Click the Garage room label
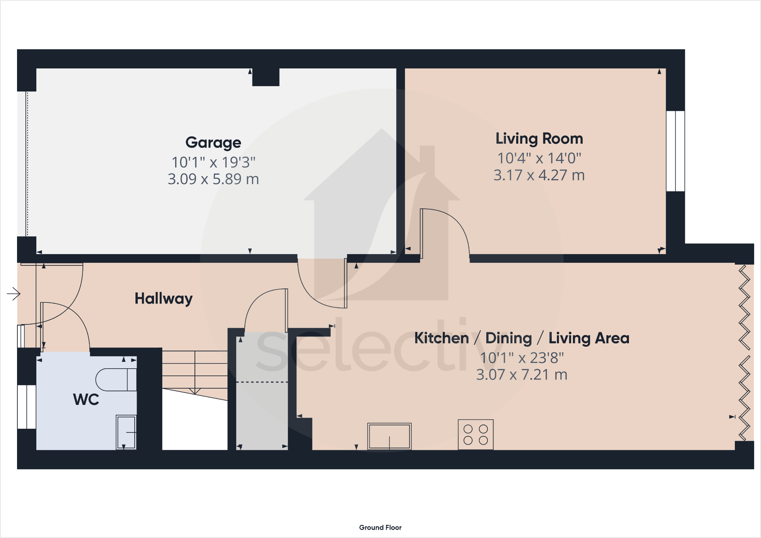click(x=213, y=143)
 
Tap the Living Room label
click(x=539, y=139)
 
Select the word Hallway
click(x=163, y=299)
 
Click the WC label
click(x=86, y=400)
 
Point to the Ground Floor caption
click(x=380, y=527)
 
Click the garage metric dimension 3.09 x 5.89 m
click(x=213, y=179)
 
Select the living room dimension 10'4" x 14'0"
click(x=539, y=158)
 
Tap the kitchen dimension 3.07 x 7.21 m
click(x=521, y=375)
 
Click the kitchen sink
click(x=389, y=436)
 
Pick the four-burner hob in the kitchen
click(x=475, y=434)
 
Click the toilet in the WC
click(x=116, y=380)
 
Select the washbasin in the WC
click(x=126, y=432)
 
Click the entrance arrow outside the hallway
click(x=14, y=293)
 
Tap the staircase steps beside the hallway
click(x=195, y=372)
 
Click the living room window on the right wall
click(x=675, y=151)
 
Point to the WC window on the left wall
click(x=26, y=407)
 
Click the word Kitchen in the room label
click(x=441, y=338)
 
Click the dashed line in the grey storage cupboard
click(x=262, y=382)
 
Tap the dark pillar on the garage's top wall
click(x=266, y=77)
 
